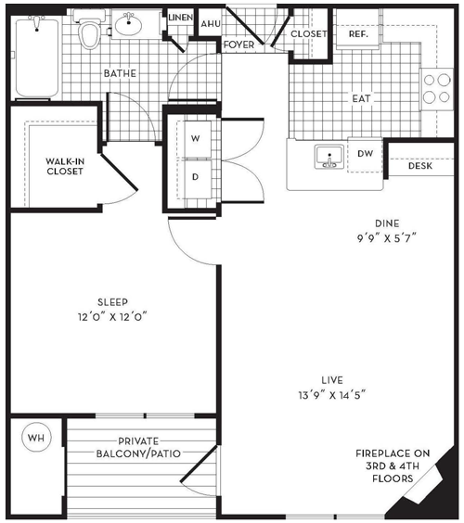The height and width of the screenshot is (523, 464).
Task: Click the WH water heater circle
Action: click(36, 437)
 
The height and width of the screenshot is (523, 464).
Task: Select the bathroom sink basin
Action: click(128, 24)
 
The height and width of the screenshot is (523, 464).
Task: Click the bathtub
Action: click(37, 57)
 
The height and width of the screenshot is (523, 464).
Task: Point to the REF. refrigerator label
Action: click(358, 34)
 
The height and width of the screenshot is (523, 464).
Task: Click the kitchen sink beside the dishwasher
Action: click(329, 157)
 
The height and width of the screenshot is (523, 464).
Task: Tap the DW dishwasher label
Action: click(366, 153)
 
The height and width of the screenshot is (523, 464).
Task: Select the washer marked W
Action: click(198, 139)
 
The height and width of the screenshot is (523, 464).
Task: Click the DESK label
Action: click(420, 166)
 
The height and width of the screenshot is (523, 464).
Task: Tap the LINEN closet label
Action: click(180, 18)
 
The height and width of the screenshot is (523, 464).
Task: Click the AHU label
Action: click(211, 24)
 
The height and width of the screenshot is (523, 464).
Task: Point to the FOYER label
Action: click(239, 45)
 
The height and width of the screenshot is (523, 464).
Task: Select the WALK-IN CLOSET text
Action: click(65, 166)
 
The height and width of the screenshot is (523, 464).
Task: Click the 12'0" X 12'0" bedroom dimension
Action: click(112, 316)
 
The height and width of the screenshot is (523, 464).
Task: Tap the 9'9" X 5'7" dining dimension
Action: click(387, 238)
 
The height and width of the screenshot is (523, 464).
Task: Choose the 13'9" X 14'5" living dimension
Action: click(332, 395)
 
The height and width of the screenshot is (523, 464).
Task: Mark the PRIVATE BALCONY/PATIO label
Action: click(138, 447)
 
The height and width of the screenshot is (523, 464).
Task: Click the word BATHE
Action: click(120, 73)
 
